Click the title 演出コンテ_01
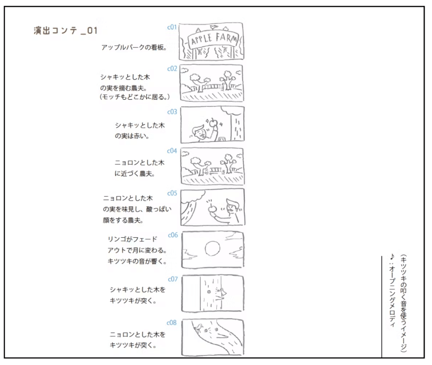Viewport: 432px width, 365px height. click(66, 30)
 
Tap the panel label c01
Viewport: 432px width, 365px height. click(172, 27)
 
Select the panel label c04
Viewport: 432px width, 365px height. click(172, 150)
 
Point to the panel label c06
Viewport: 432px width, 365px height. click(173, 235)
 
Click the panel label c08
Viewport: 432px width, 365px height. click(172, 323)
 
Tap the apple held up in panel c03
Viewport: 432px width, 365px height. click(213, 122)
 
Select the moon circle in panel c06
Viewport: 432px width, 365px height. click(212, 249)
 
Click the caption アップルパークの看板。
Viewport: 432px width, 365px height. click(134, 47)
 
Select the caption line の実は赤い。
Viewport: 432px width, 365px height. click(132, 136)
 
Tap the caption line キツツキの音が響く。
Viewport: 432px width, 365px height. click(137, 261)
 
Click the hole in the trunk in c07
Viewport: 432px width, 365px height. click(209, 292)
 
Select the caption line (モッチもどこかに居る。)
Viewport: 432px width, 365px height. click(135, 97)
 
